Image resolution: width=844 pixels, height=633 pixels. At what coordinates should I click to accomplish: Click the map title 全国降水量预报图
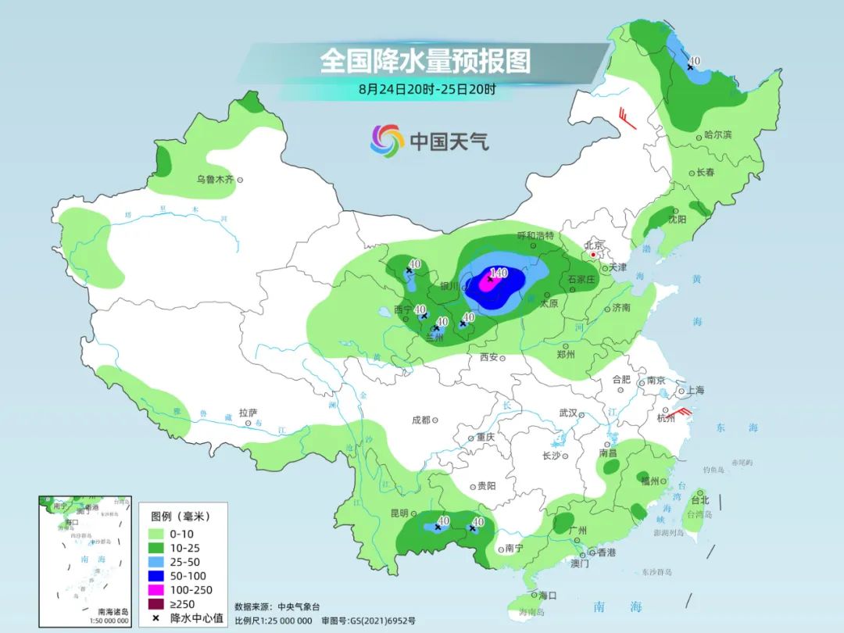[x=425, y=61]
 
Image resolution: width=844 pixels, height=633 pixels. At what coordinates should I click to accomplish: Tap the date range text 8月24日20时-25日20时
[x=427, y=89]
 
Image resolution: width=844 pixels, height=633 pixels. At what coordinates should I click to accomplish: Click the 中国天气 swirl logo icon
[x=387, y=141]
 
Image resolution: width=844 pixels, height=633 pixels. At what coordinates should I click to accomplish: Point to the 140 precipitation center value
[x=498, y=274]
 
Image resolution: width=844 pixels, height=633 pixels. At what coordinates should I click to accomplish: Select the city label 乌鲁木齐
[x=214, y=180]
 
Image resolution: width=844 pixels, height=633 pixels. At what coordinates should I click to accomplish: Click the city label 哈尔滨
[x=717, y=135]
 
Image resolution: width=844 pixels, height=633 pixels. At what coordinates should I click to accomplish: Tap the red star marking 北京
[x=594, y=255]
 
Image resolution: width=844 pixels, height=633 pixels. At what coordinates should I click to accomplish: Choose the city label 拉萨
[x=248, y=413]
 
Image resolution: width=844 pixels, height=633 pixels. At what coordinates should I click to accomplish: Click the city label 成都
[x=420, y=420]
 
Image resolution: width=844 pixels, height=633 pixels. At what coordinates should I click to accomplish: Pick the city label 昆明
[x=398, y=513]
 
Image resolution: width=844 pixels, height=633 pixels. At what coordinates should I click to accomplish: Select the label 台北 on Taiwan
[x=699, y=500]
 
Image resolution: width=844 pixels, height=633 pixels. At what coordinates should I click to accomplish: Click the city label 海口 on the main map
[x=547, y=595]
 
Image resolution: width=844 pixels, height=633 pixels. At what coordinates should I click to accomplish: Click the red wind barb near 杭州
[x=680, y=412]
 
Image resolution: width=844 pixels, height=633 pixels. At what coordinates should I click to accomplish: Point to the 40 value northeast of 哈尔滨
[x=695, y=61]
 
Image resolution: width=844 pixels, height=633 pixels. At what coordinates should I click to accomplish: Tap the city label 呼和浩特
[x=535, y=235]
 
